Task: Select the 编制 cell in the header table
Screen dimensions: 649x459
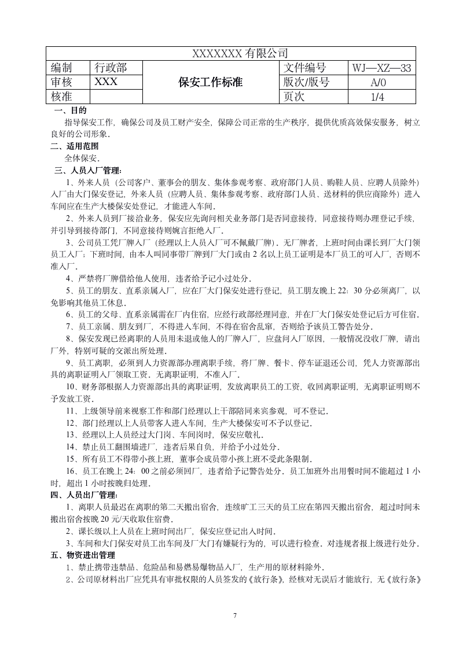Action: point(65,68)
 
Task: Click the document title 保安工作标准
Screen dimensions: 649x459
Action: point(211,82)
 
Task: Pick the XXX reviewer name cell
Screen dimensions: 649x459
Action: point(106,82)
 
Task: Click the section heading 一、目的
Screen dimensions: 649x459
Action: point(70,110)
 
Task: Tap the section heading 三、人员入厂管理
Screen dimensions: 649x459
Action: point(87,171)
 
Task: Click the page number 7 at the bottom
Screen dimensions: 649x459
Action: point(235,615)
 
